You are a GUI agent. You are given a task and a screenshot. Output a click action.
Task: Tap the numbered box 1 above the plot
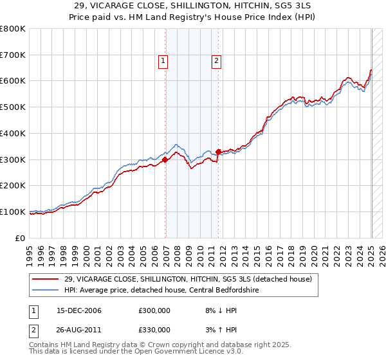(x=163, y=62)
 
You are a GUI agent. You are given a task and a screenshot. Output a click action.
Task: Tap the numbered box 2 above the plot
(x=216, y=62)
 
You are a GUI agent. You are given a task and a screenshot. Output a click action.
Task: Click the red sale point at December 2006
(x=165, y=159)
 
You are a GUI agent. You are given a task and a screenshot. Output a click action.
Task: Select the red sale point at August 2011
(x=219, y=152)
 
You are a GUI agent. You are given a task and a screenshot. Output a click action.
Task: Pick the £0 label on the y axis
(x=21, y=238)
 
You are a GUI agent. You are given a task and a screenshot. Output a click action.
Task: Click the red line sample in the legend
(x=46, y=279)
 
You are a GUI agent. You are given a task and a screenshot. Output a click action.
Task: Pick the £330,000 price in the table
(x=154, y=330)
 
